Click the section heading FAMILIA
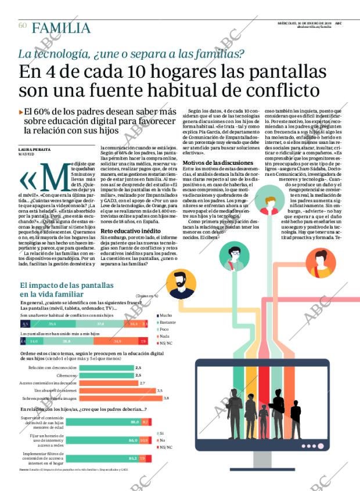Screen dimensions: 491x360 [x=61, y=28]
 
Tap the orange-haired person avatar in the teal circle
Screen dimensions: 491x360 [x=269, y=205]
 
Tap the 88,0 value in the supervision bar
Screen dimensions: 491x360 [x=135, y=422]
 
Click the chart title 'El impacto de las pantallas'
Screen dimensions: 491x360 [x=67, y=286]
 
